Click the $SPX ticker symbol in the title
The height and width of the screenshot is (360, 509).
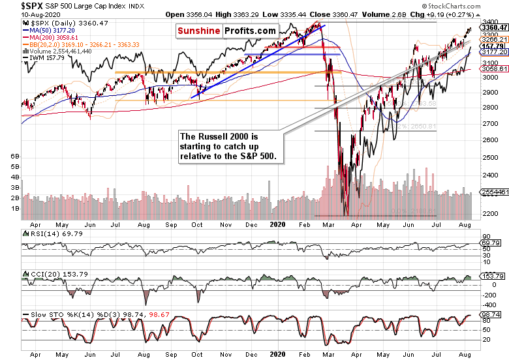point(14,6)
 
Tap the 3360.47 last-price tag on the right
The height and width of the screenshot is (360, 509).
point(495,28)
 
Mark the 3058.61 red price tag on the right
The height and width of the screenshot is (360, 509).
point(495,68)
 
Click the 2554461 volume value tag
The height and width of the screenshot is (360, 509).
point(495,193)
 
